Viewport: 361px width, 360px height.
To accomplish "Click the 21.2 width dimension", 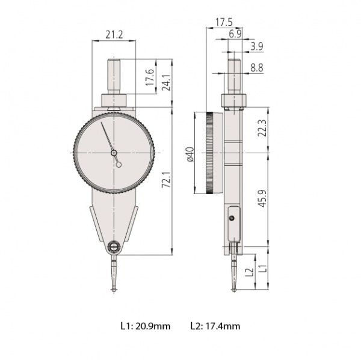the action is click(114, 35).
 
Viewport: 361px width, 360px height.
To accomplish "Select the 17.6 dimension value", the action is click(150, 78).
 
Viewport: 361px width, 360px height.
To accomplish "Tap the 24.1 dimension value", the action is click(166, 82).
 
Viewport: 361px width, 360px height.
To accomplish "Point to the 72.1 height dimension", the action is click(166, 180).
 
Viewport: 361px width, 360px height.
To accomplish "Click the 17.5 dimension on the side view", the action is click(224, 22).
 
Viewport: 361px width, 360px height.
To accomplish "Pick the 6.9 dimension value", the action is click(235, 34).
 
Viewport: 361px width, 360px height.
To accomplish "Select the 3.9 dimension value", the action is click(257, 46).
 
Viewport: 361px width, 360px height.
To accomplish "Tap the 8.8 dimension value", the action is click(257, 68).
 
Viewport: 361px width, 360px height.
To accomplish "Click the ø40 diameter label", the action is click(190, 154).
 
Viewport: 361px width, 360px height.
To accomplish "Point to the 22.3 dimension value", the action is click(262, 128).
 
